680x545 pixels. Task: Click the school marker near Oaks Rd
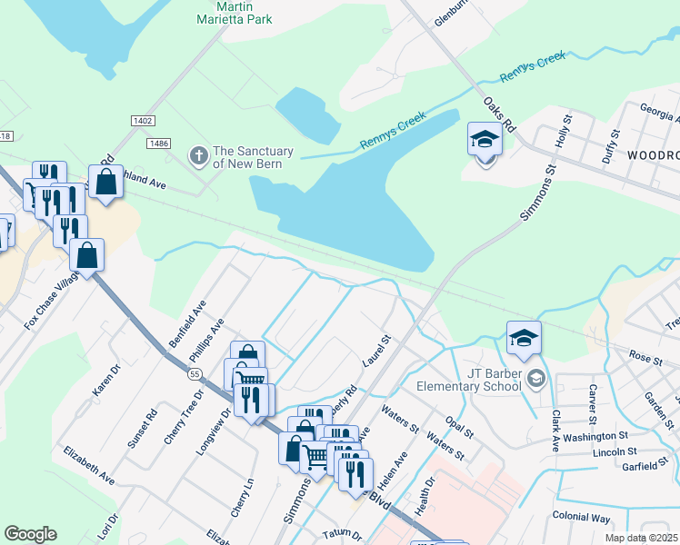485,141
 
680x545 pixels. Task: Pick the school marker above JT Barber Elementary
525,340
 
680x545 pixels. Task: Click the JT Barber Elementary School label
469,379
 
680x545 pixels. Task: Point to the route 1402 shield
143,120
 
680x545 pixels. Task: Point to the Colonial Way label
581,517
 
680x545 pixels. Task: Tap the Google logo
30,534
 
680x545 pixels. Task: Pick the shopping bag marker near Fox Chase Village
87,256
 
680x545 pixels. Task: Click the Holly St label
563,131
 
